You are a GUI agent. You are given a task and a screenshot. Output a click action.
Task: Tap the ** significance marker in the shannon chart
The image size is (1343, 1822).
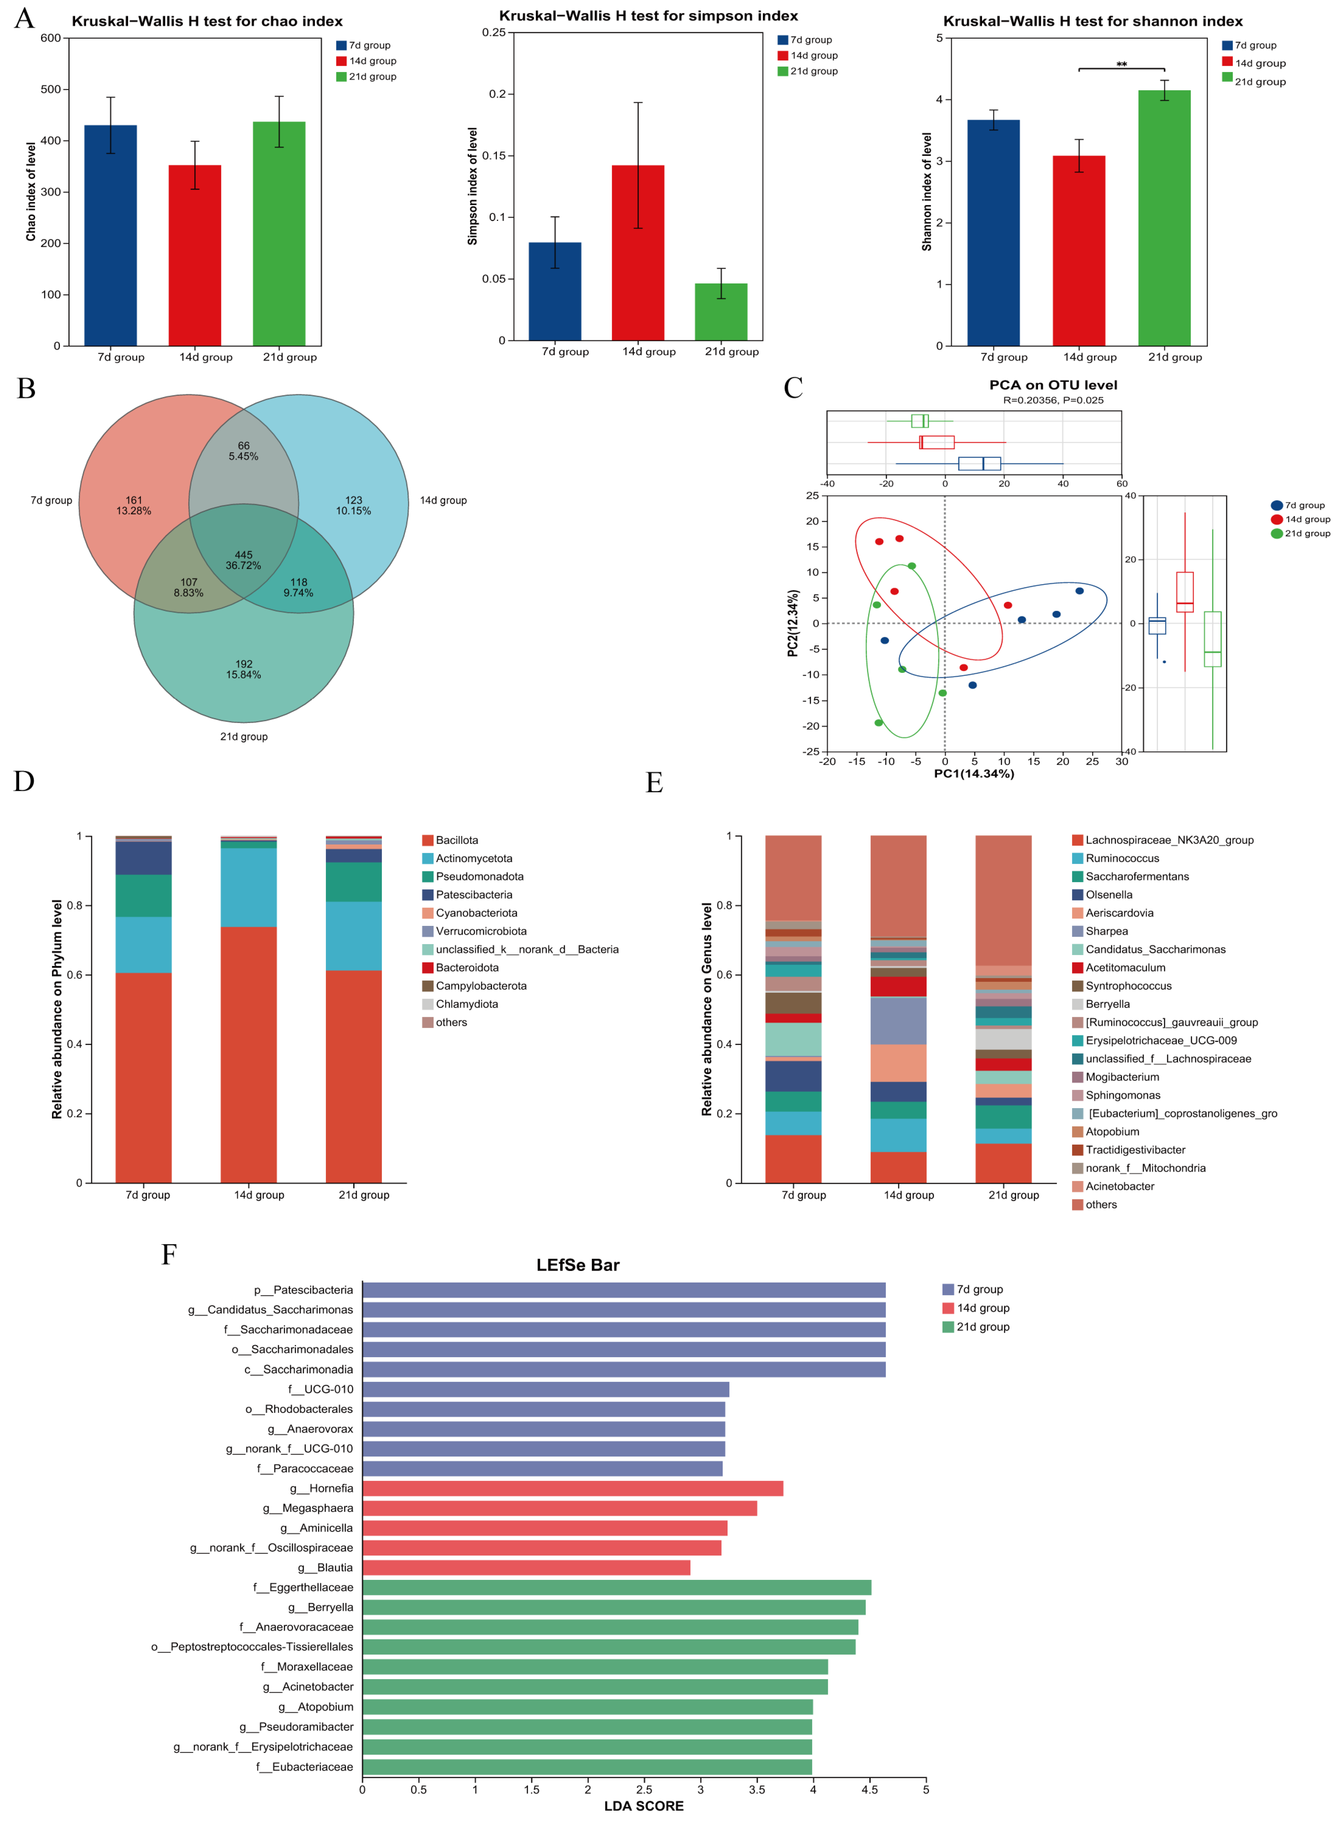click(x=1121, y=64)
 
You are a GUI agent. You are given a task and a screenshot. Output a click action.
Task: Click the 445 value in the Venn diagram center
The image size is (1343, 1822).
click(x=244, y=555)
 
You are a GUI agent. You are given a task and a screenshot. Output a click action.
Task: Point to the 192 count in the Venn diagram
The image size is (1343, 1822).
click(x=244, y=664)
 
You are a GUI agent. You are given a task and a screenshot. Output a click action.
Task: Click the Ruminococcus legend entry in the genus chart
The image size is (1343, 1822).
click(x=1122, y=858)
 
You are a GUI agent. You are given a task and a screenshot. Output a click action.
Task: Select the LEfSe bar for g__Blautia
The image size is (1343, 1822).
click(x=526, y=1568)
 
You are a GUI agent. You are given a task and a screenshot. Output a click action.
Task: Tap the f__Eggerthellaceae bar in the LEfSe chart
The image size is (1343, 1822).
click(x=616, y=1587)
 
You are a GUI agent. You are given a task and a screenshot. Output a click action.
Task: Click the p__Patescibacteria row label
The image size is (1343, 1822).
click(x=303, y=1290)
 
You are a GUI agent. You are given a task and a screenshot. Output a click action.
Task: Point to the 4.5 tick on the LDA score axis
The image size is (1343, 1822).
click(x=869, y=1789)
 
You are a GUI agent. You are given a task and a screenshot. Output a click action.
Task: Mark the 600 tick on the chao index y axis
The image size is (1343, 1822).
click(x=50, y=38)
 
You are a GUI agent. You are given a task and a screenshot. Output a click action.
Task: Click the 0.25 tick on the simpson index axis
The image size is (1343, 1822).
click(x=493, y=32)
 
